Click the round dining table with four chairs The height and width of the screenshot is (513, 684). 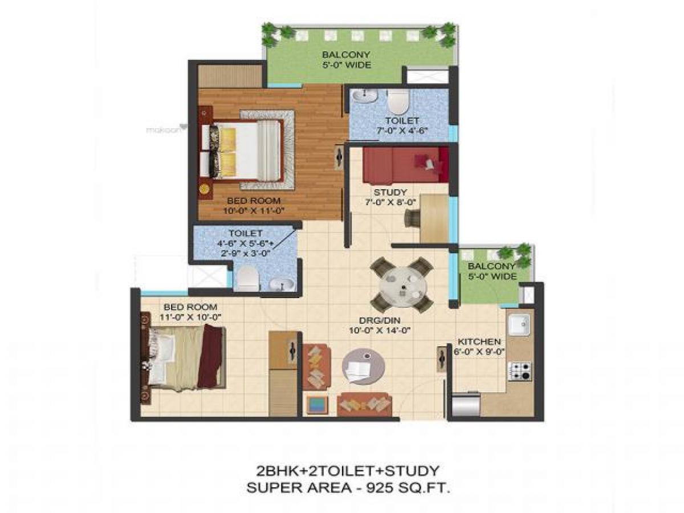[x=402, y=284]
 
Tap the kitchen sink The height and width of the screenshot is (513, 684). [x=520, y=325]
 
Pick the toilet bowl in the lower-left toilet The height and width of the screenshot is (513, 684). [x=246, y=278]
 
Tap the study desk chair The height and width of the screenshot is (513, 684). [x=412, y=218]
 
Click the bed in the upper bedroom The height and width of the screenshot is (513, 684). [x=248, y=150]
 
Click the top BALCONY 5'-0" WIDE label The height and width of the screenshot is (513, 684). [x=346, y=60]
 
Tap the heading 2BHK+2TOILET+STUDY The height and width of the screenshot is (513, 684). [x=346, y=471]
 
